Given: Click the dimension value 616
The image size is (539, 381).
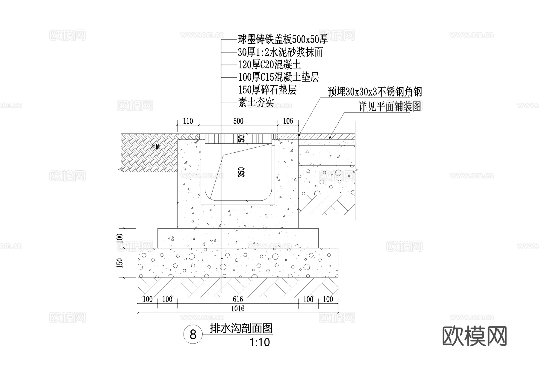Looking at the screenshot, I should tap(238, 299).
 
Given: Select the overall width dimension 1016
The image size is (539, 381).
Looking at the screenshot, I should tap(238, 308).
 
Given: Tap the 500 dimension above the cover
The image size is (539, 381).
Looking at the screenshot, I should tap(238, 121).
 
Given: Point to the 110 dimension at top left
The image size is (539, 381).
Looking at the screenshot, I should tap(188, 121).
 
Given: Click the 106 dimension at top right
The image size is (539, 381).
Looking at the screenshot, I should tap(288, 121).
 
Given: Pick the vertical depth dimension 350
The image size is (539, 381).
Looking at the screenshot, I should tap(242, 172).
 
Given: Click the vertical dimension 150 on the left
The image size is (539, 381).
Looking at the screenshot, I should tap(120, 263).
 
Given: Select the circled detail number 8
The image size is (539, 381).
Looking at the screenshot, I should tap(193, 334).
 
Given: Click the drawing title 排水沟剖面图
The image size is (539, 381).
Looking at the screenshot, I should tap(241, 328).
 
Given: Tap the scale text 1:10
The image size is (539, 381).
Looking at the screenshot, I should tap(260, 342).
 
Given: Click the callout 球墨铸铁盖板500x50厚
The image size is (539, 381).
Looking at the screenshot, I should tap(283, 39).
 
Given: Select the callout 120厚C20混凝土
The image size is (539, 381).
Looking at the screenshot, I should tap(269, 65).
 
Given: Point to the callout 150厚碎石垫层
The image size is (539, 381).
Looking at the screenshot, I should tap(267, 90).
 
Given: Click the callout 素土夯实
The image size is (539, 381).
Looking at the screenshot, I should tap(256, 102).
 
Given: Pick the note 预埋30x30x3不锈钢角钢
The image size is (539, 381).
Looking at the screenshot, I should tap(375, 92).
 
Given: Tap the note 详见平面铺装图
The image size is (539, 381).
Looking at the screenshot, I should tap(390, 106).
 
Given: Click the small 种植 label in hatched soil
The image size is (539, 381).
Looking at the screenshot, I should tap(155, 147).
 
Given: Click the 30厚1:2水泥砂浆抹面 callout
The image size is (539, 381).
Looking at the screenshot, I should tap(280, 52).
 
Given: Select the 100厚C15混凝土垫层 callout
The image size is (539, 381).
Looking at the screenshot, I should tap(278, 77).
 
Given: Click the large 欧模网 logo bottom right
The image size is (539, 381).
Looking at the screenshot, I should tap(474, 336).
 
